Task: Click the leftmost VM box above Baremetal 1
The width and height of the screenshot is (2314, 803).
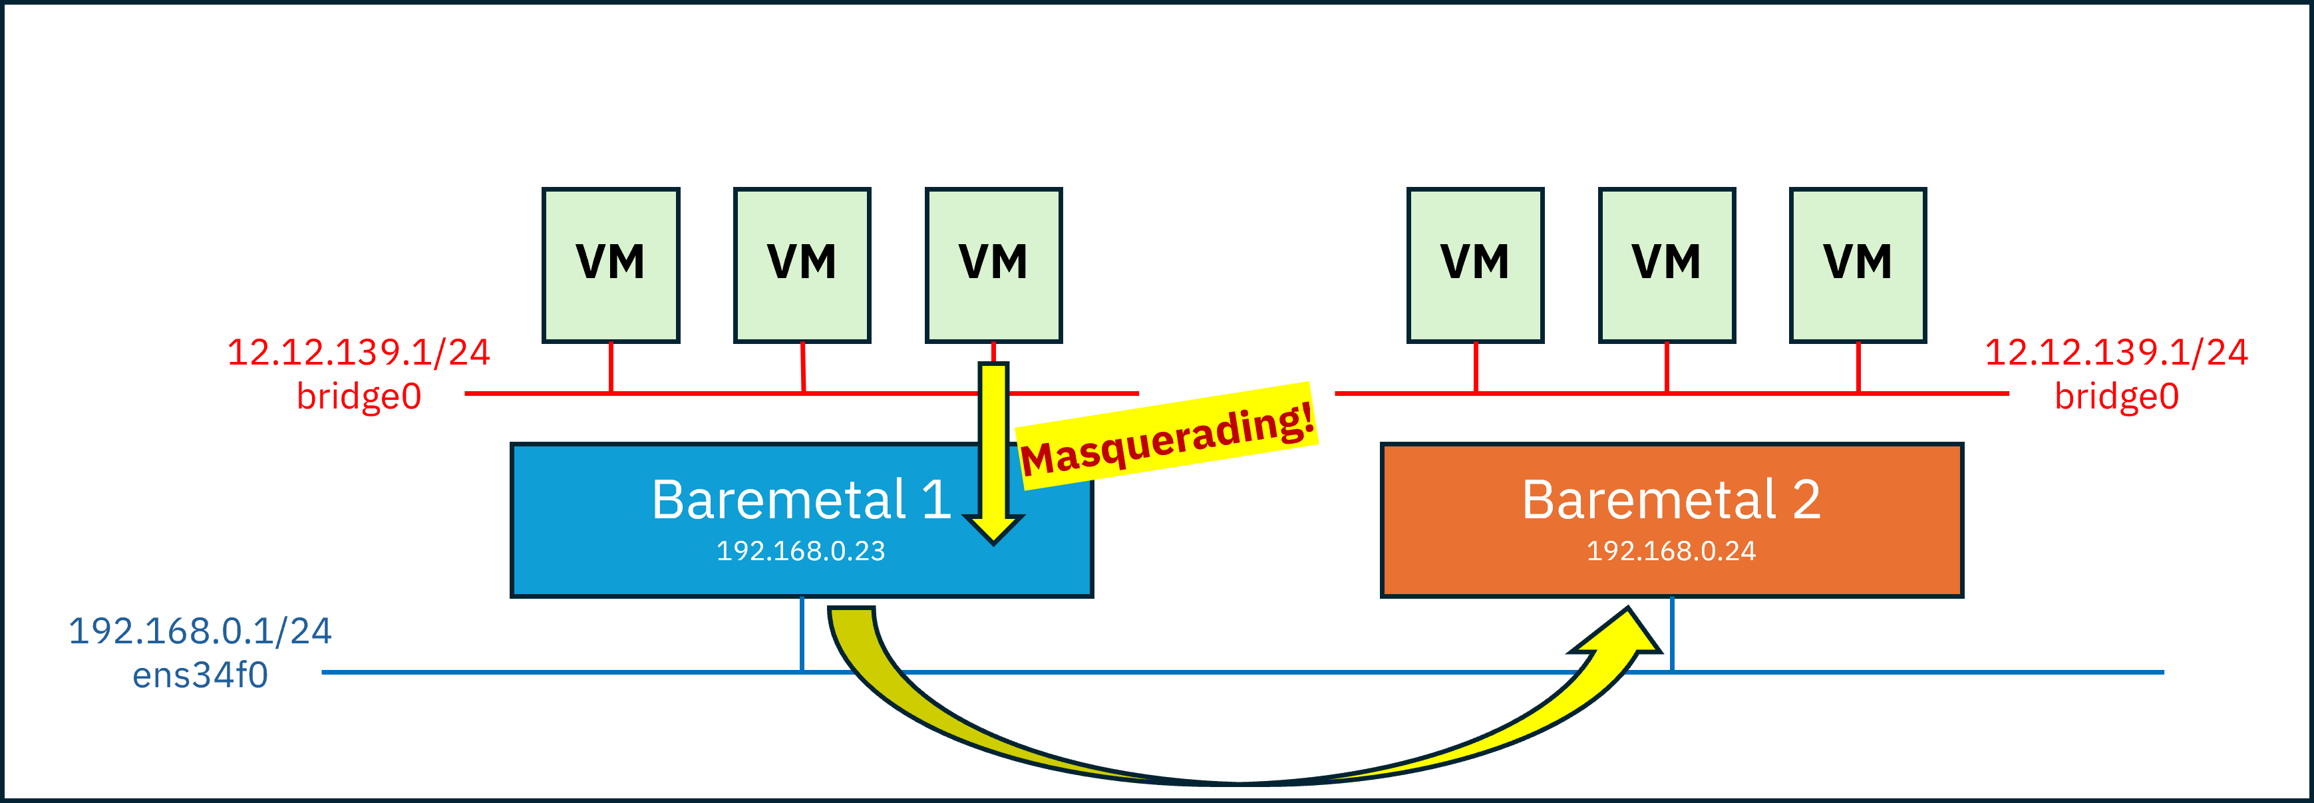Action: pyautogui.click(x=611, y=265)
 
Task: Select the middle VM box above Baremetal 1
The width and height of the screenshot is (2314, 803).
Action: pyautogui.click(x=802, y=265)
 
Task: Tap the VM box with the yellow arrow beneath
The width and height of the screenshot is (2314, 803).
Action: pyautogui.click(x=993, y=265)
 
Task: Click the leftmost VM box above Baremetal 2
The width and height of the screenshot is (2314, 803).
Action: pyautogui.click(x=1475, y=265)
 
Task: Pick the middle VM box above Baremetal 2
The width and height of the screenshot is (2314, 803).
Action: pyautogui.click(x=1667, y=265)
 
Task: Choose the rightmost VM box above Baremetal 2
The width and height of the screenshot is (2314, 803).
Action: pyautogui.click(x=1858, y=265)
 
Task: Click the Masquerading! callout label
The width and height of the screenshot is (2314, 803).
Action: pyautogui.click(x=1167, y=438)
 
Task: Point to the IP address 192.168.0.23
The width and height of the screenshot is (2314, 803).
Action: pyautogui.click(x=800, y=551)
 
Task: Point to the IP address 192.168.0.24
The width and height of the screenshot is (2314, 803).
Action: pyautogui.click(x=1671, y=551)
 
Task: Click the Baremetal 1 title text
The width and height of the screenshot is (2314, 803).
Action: pyautogui.click(x=800, y=500)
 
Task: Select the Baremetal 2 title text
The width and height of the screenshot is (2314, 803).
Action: pyautogui.click(x=1671, y=500)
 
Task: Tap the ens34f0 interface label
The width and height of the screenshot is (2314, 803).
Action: pyautogui.click(x=200, y=675)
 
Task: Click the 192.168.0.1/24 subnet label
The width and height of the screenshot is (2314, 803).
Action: pyautogui.click(x=200, y=631)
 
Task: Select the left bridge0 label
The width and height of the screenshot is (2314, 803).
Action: pyautogui.click(x=359, y=396)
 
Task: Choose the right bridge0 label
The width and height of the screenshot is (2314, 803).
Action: pyautogui.click(x=2116, y=396)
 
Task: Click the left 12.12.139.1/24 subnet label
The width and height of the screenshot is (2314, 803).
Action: pyautogui.click(x=359, y=352)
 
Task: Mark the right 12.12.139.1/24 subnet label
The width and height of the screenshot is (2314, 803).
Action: pyautogui.click(x=2116, y=352)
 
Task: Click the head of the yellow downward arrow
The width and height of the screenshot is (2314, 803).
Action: pyautogui.click(x=993, y=528)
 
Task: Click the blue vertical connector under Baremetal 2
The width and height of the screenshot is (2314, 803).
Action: pyautogui.click(x=1672, y=634)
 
